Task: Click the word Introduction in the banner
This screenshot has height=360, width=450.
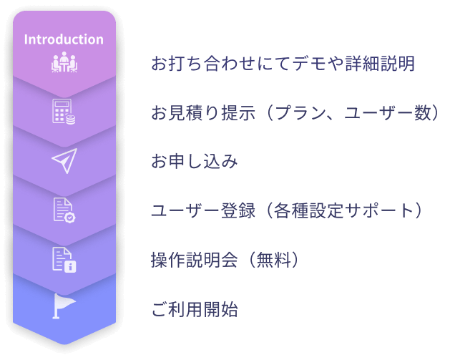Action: point(64,39)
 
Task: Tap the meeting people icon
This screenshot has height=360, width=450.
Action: point(64,62)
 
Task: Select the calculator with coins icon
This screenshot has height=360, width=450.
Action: point(64,112)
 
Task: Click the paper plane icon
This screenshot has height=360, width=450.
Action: point(64,160)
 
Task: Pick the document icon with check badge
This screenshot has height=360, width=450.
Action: point(64,210)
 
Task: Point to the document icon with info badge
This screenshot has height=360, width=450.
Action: point(64,260)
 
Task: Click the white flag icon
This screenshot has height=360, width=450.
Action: point(64,306)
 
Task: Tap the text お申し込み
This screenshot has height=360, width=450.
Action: point(195,161)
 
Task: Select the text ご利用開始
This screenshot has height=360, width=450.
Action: point(195,309)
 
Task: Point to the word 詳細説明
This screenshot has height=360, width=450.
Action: point(380,63)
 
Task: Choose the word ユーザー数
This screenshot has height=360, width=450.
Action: point(388,112)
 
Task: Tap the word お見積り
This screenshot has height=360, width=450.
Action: point(185,112)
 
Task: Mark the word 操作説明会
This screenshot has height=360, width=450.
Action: point(195,260)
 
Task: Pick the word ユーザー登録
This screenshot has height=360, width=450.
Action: point(203,210)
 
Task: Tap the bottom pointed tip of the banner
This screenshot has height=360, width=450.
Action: point(64,344)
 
